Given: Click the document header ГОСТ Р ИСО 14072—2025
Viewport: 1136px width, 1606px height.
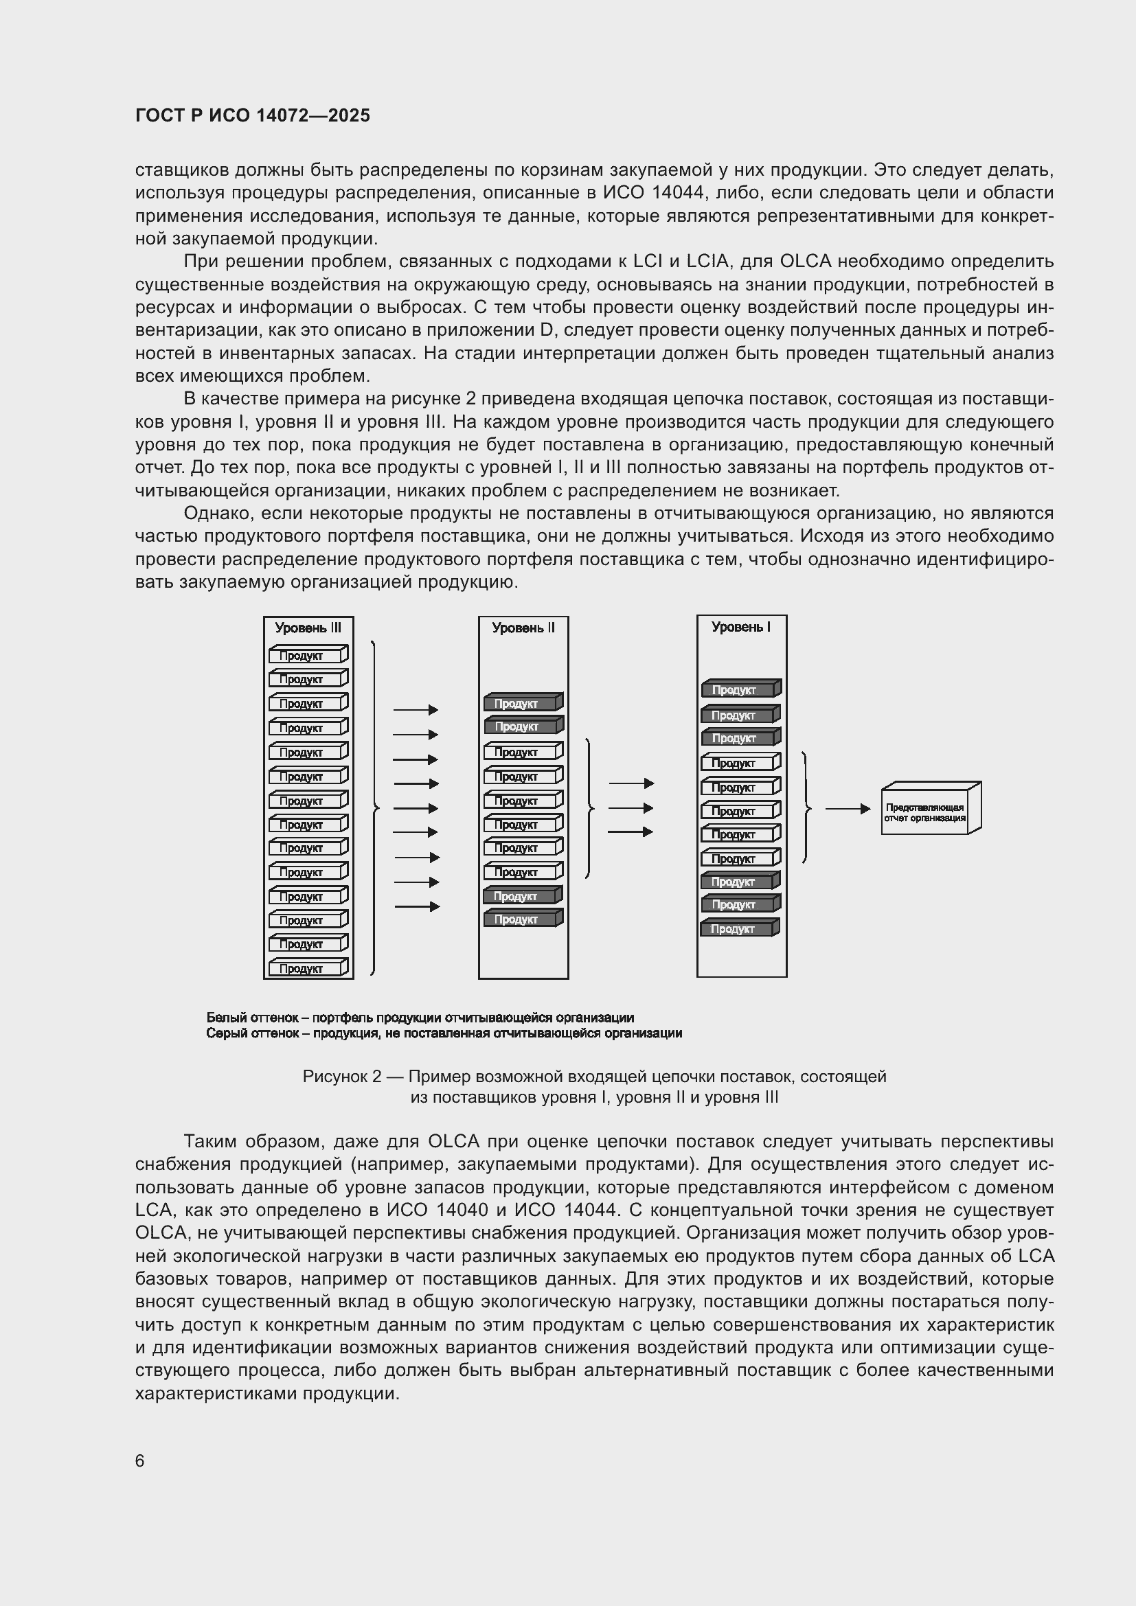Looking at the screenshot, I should pos(253,116).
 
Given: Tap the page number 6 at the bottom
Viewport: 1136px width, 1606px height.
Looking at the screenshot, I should pos(140,1460).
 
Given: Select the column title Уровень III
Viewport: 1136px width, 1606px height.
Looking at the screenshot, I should pos(308,628).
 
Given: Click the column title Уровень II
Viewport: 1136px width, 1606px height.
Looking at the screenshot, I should pos(523,628).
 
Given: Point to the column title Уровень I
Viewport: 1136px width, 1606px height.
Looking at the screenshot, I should pos(741,628).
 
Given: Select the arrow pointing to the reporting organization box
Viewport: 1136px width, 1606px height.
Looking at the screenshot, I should pos(847,809).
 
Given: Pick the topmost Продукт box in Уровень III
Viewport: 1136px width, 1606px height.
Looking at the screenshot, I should pos(308,655).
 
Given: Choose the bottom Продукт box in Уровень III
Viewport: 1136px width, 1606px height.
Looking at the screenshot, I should pos(308,968).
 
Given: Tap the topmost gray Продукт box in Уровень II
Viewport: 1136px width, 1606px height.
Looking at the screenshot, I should pos(523,703).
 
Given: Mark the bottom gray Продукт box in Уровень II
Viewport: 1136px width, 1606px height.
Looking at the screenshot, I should pos(523,919).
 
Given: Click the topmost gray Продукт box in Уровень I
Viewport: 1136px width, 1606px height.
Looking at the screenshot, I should pos(740,689).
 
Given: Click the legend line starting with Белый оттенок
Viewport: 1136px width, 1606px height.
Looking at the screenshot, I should pos(420,1018).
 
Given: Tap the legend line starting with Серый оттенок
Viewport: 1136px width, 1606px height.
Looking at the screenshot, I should pos(444,1033).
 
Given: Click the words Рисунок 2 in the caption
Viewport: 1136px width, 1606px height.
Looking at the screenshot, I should pos(341,1077).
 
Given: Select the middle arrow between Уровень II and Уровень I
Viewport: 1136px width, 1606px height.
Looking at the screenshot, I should pos(631,808).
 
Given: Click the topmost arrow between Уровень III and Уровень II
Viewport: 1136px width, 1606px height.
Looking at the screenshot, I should pos(416,710).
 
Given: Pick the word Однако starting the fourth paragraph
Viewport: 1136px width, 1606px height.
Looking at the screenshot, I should pos(218,514).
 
